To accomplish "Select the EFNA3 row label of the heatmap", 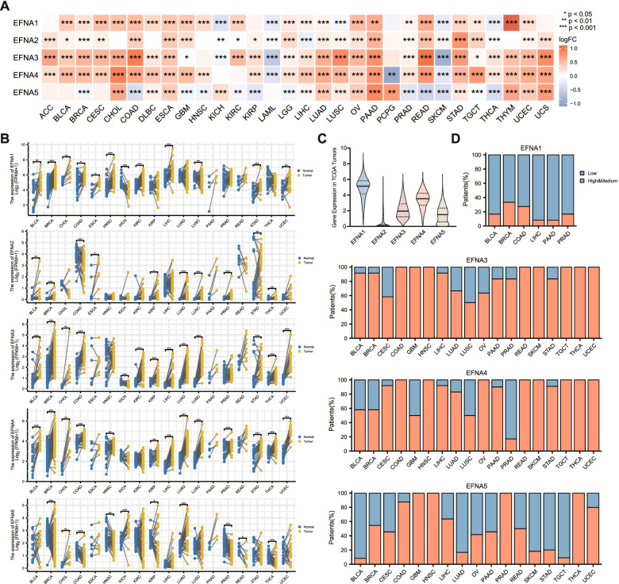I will pos(21,59).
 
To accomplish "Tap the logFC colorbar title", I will pos(588,40).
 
